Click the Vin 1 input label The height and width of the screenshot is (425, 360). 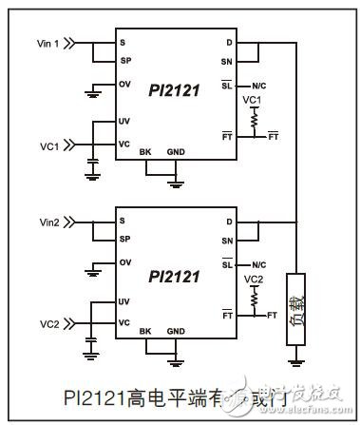[48, 43]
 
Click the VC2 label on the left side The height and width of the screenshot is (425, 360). [47, 322]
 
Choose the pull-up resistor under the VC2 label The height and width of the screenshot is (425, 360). [253, 300]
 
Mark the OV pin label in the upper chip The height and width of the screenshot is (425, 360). [123, 84]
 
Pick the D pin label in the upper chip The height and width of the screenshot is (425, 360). [229, 43]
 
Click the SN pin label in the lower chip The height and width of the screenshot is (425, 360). [227, 240]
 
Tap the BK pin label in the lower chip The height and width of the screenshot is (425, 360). [145, 330]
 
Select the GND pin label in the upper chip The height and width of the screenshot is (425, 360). [177, 152]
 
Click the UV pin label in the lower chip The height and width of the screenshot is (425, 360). [123, 302]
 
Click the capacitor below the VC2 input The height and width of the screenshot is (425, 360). [92, 342]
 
